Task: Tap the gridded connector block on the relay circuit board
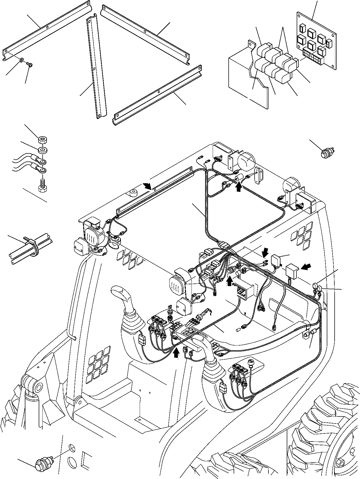point(313,55)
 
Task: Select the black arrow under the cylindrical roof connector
point(238,187)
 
